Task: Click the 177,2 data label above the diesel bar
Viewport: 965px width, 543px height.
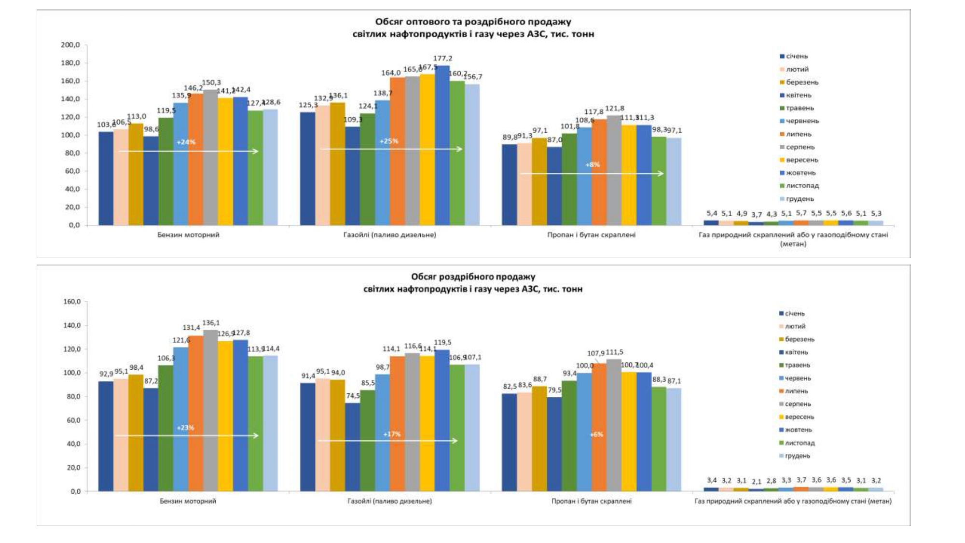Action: pyautogui.click(x=442, y=58)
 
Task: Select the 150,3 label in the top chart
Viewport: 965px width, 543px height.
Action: pyautogui.click(x=211, y=83)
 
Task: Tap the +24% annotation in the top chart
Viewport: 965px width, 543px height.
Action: pyautogui.click(x=186, y=142)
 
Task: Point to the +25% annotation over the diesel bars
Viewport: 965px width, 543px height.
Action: pyautogui.click(x=389, y=141)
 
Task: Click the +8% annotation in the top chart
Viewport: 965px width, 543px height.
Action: pyautogui.click(x=593, y=165)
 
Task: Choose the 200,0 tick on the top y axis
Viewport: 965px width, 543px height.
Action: pyautogui.click(x=70, y=45)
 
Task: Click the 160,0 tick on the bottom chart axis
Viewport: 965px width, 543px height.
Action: pyautogui.click(x=72, y=302)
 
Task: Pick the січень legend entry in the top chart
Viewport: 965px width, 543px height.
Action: pyautogui.click(x=797, y=56)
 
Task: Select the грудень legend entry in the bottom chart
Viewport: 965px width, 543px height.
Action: pyautogui.click(x=797, y=456)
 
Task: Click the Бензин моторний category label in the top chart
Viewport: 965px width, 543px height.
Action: pyautogui.click(x=188, y=235)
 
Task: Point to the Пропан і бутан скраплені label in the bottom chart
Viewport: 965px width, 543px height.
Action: pyautogui.click(x=591, y=501)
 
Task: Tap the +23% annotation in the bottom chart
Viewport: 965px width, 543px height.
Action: pyautogui.click(x=185, y=428)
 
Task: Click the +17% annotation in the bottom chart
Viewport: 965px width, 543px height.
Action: pyautogui.click(x=392, y=434)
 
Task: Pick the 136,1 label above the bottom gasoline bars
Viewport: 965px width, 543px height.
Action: pyautogui.click(x=211, y=323)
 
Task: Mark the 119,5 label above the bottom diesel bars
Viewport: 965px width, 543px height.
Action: pyautogui.click(x=442, y=343)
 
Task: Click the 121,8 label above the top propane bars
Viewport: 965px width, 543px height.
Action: pyautogui.click(x=615, y=109)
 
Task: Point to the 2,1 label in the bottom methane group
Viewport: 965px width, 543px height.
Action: pyautogui.click(x=756, y=482)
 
